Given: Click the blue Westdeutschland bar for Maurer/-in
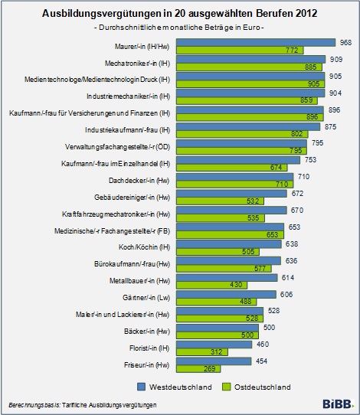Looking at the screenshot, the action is [256, 43].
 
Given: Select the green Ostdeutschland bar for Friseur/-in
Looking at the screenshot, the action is [198, 369].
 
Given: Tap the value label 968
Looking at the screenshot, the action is [345, 43].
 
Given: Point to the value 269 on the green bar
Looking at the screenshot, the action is [209, 369].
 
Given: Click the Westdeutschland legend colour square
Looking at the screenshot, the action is [142, 387].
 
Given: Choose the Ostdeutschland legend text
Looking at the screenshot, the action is [262, 387].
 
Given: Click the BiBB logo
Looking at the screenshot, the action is [338, 404].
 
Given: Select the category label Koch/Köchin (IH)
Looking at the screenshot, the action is [144, 247].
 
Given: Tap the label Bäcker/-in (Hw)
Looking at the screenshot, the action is [147, 332].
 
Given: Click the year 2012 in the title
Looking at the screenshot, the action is [306, 13].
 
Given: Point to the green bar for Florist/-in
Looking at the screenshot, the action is [202, 351].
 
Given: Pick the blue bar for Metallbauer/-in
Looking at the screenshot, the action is [227, 278].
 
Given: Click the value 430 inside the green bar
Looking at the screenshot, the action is [236, 285].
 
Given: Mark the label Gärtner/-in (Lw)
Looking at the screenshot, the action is [146, 298].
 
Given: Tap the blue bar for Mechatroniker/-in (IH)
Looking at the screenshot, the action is [250, 59].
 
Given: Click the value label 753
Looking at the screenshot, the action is [310, 160].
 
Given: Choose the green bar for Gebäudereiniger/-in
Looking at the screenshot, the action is [220, 201].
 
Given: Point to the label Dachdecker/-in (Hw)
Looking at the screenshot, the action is [139, 181].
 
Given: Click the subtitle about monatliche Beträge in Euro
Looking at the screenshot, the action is [179, 28].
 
